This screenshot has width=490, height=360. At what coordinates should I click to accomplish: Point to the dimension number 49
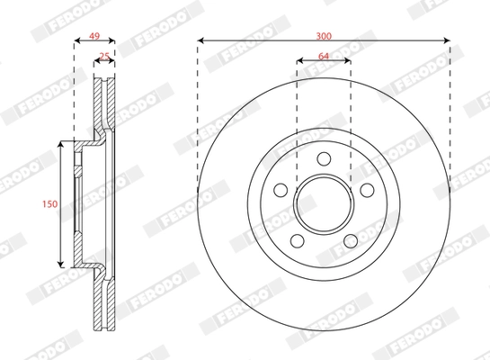tap(92, 36)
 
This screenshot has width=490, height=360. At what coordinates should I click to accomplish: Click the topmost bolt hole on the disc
tap(323, 163)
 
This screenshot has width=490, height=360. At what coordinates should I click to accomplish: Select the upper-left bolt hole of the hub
tap(280, 190)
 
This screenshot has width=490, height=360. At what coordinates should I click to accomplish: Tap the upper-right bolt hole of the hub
tap(366, 190)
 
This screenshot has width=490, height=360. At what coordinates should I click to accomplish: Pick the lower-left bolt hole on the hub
tap(297, 240)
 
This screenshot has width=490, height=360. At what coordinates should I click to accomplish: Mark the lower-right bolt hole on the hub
tap(350, 240)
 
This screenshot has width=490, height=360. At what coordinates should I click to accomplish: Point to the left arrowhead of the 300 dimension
tap(200, 40)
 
